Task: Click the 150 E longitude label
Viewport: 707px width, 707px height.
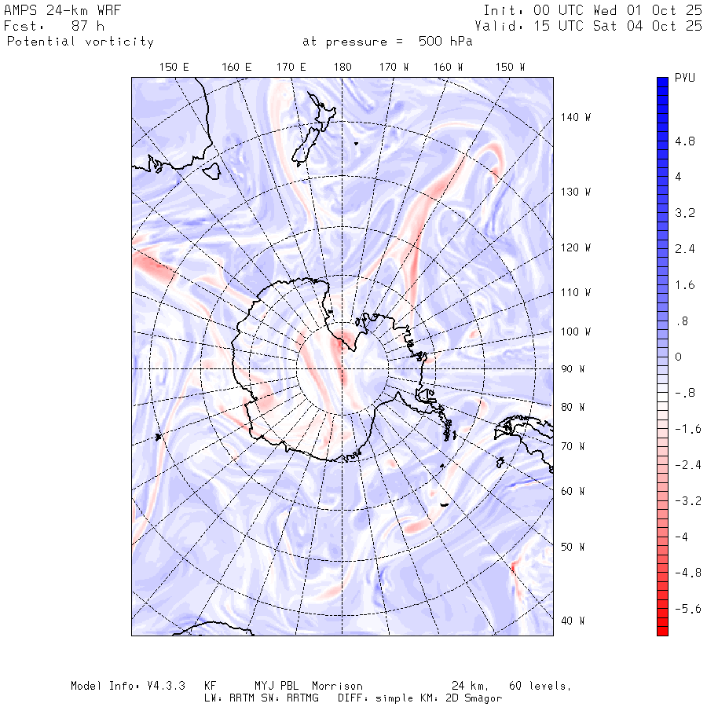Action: point(174,68)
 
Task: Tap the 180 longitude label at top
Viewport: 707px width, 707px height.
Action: point(342,68)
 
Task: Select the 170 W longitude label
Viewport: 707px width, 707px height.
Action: point(394,68)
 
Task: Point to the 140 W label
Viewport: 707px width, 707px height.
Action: point(576,117)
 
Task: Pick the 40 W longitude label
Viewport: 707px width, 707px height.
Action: point(573,621)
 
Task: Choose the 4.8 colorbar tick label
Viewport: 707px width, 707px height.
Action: point(685,142)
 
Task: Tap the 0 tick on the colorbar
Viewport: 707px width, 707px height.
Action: point(679,357)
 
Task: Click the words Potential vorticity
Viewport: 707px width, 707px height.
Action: point(80,42)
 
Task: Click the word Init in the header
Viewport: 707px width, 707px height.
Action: point(500,10)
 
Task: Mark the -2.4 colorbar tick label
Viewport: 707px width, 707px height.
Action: point(688,465)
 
